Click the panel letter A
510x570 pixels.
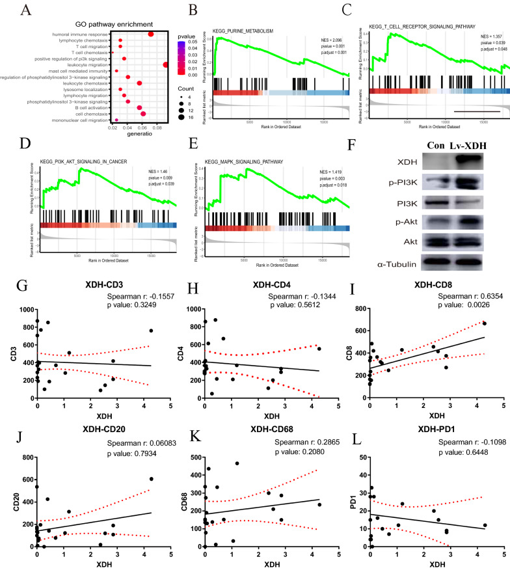pos(26,11)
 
